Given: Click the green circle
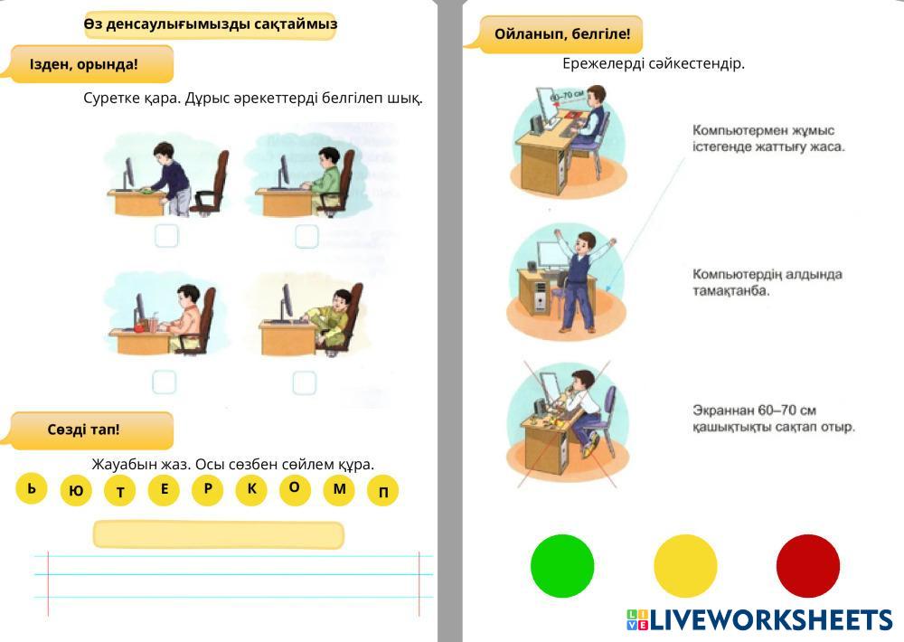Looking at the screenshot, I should pyautogui.click(x=562, y=566).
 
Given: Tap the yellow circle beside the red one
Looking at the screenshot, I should pyautogui.click(x=685, y=566).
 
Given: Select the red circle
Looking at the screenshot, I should pyautogui.click(x=808, y=566).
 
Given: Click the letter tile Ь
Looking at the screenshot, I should pyautogui.click(x=32, y=489).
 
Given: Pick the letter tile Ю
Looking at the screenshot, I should pyautogui.click(x=76, y=491).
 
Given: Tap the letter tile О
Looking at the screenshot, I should pyautogui.click(x=295, y=488).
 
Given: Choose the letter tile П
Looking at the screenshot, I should pyautogui.click(x=383, y=491).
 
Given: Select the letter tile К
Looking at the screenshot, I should pyautogui.click(x=251, y=489).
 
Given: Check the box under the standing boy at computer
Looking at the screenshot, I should pyautogui.click(x=166, y=236).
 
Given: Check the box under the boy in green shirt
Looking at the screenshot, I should pyautogui.click(x=306, y=236).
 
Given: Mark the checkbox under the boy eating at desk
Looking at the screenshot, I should pyautogui.click(x=165, y=382).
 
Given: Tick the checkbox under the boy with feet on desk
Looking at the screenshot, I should pyautogui.click(x=305, y=382).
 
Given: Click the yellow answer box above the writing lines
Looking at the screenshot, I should pyautogui.click(x=219, y=534).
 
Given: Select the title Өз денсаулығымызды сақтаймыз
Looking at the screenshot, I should pyautogui.click(x=210, y=24).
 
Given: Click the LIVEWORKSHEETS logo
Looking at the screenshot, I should pyautogui.click(x=759, y=619).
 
